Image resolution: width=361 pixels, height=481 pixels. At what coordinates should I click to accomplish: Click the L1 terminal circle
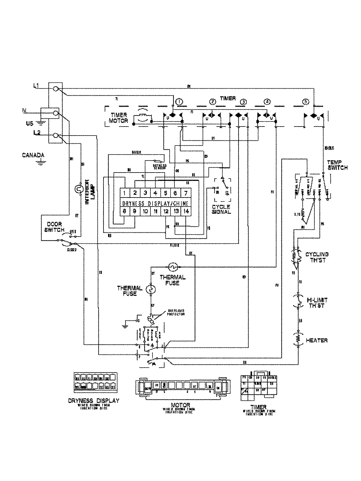pyautogui.click(x=56, y=89)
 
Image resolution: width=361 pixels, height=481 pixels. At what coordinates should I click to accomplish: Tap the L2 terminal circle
pyautogui.click(x=56, y=136)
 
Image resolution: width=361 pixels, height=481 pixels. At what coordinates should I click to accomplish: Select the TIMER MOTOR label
pyautogui.click(x=119, y=118)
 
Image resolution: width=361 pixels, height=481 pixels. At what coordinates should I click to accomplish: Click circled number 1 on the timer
pyautogui.click(x=179, y=102)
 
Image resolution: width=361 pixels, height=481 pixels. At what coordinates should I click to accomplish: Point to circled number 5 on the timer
pyautogui.click(x=306, y=102)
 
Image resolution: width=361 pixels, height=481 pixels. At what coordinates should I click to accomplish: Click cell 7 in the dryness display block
pyautogui.click(x=186, y=193)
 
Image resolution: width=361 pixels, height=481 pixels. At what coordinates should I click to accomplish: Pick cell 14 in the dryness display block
pyautogui.click(x=186, y=211)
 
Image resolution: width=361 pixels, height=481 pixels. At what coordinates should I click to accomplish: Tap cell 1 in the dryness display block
pyautogui.click(x=125, y=193)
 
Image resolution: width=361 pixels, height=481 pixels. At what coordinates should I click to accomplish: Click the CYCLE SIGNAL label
pyautogui.click(x=221, y=209)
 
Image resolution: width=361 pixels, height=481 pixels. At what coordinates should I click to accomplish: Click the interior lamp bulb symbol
pyautogui.click(x=79, y=189)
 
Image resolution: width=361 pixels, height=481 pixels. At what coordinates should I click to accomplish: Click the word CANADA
pyautogui.click(x=33, y=155)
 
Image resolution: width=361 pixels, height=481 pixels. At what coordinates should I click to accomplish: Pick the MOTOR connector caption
pyautogui.click(x=180, y=405)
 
